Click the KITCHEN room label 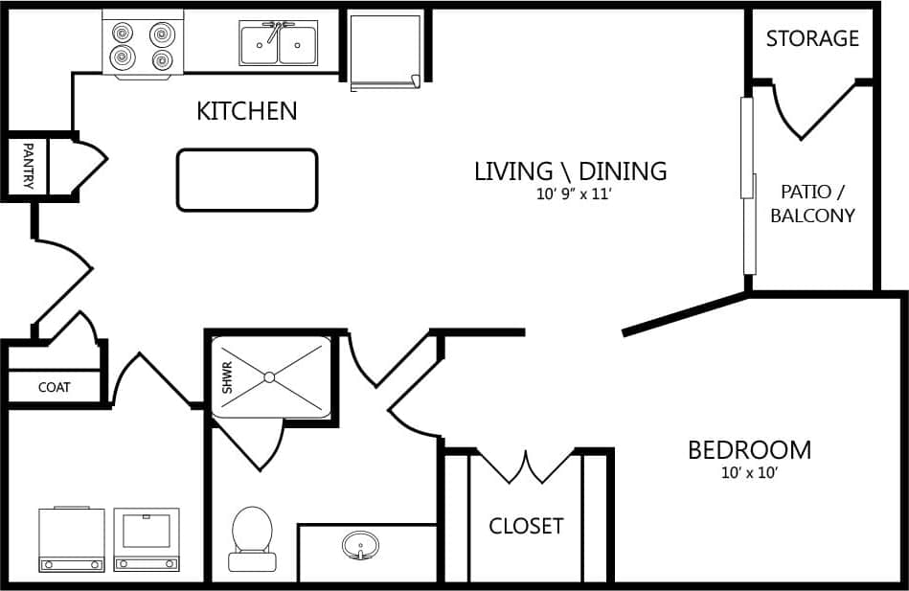(x=246, y=111)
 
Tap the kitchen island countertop (x=246, y=180)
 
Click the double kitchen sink (x=279, y=44)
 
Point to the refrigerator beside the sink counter (x=385, y=52)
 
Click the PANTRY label (x=28, y=167)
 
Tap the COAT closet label (x=54, y=388)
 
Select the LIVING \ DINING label (x=570, y=171)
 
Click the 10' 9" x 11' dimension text (x=573, y=194)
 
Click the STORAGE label (x=812, y=38)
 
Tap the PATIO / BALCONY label (x=812, y=203)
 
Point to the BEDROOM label (x=749, y=449)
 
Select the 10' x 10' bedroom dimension (x=749, y=472)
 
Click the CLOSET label (x=526, y=526)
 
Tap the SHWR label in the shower (x=228, y=379)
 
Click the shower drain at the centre (x=272, y=376)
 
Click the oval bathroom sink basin (x=360, y=546)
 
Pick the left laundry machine (x=71, y=539)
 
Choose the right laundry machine (x=147, y=539)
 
